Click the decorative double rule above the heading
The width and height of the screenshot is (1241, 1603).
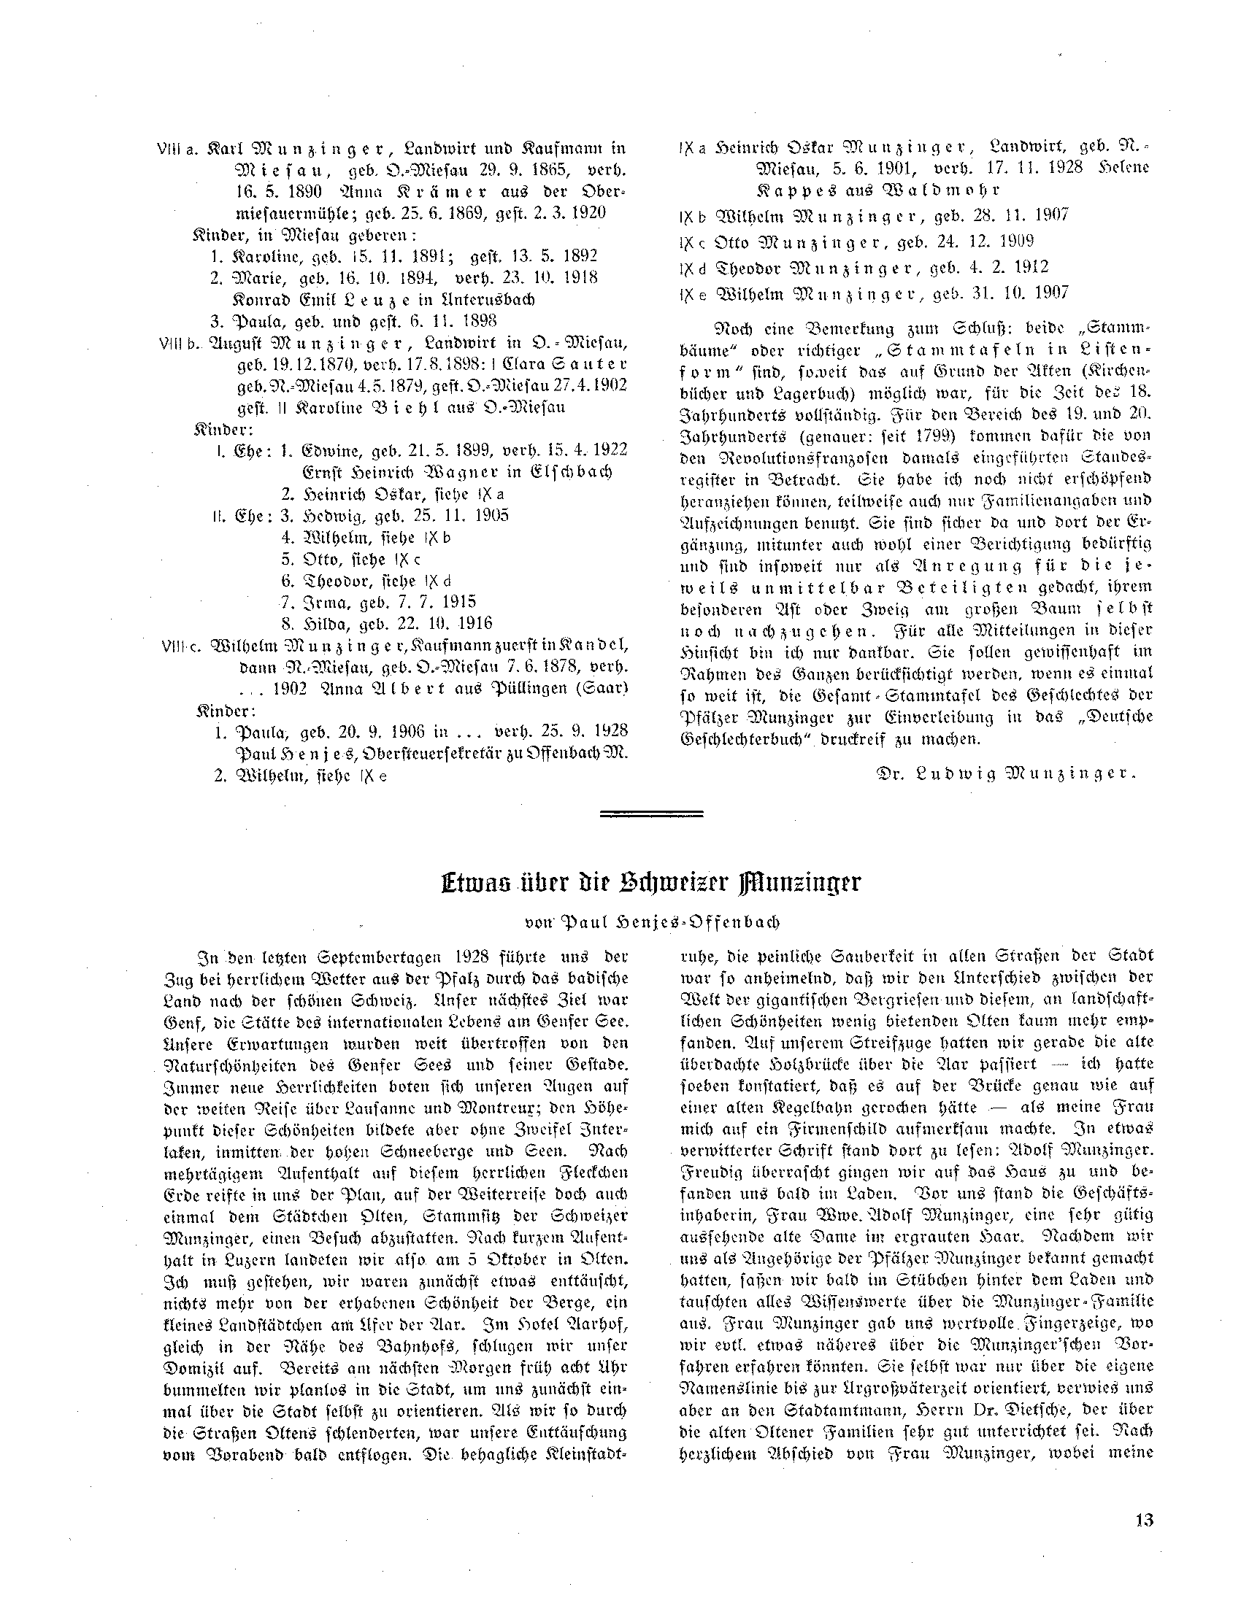tap(652, 814)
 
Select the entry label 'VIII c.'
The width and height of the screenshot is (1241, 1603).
tap(179, 646)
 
